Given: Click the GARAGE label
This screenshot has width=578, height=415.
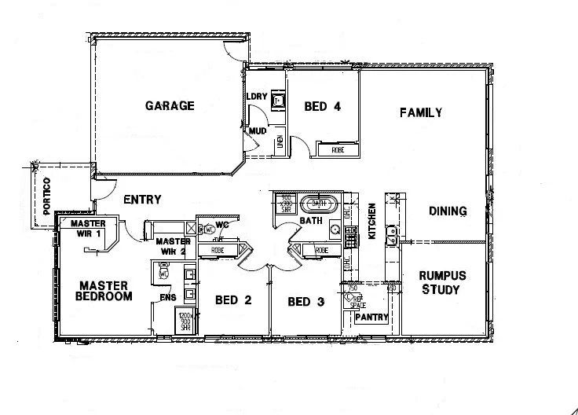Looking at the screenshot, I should click(169, 106).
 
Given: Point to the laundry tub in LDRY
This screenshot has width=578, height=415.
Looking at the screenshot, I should click(277, 100).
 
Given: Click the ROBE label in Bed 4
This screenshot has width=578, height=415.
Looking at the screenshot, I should click(338, 149).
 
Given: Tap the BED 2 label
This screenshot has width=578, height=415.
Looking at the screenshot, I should click(232, 299).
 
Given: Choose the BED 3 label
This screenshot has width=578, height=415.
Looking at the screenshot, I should click(305, 301).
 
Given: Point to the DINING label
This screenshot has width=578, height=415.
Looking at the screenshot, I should click(448, 211).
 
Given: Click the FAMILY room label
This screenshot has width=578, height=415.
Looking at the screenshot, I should click(420, 112).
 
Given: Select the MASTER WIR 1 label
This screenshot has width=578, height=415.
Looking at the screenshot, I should click(88, 228).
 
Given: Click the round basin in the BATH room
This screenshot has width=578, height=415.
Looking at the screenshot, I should click(335, 230).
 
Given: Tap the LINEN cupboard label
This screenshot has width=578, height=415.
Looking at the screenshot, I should click(280, 142).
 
